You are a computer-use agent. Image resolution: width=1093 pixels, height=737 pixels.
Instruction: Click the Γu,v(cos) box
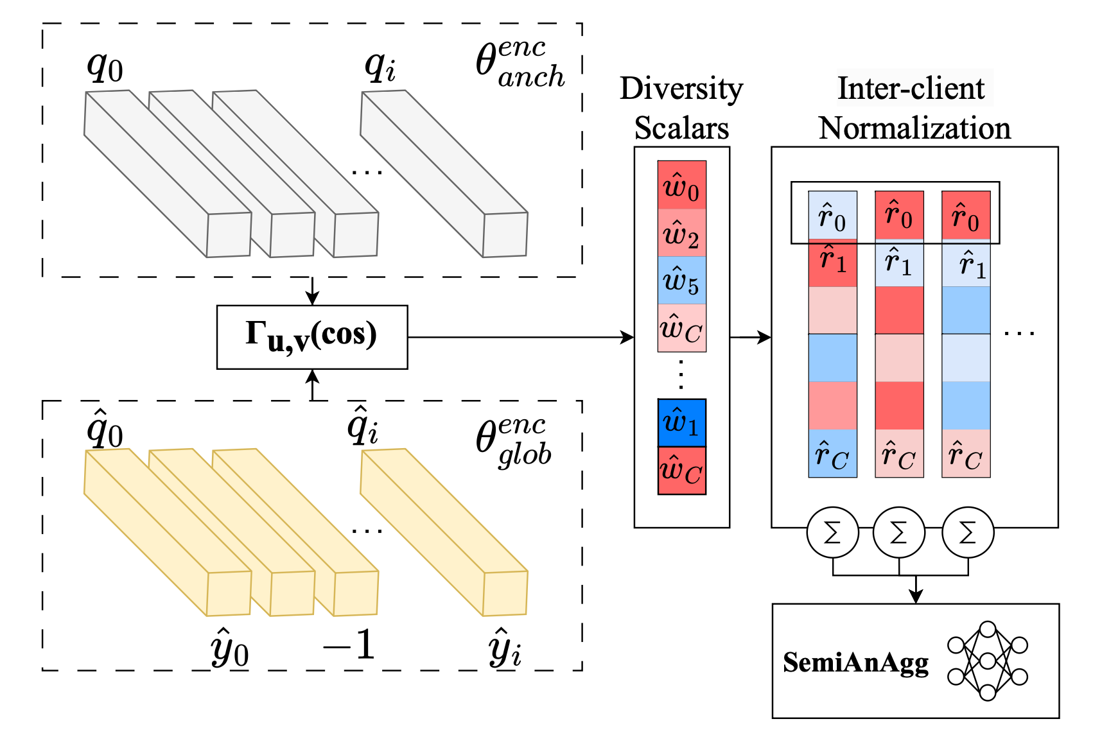tap(312, 337)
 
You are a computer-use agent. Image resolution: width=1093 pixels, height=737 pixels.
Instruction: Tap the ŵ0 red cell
tap(681, 186)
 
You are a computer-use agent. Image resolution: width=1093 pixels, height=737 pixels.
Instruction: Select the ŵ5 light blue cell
tap(681, 281)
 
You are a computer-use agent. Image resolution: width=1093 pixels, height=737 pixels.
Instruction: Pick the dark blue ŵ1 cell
tap(681, 423)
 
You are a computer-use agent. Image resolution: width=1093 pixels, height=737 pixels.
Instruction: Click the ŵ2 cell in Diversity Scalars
tap(681, 233)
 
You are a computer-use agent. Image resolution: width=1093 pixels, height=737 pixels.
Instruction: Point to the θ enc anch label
tap(520, 64)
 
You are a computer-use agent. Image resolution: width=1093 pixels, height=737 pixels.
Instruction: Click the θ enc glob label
tap(514, 442)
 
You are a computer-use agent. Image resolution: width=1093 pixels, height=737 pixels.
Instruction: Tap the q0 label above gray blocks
tap(105, 66)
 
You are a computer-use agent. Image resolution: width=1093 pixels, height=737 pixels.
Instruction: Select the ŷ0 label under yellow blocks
tap(229, 648)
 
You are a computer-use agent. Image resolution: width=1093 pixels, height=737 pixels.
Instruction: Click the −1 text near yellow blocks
tap(349, 645)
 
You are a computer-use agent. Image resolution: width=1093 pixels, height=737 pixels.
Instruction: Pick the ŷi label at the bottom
tap(505, 648)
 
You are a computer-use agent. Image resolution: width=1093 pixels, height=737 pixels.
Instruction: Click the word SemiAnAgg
tap(855, 663)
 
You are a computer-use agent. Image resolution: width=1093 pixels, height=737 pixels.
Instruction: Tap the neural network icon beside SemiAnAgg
tap(988, 661)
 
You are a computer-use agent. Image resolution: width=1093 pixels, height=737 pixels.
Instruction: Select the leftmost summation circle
tap(832, 532)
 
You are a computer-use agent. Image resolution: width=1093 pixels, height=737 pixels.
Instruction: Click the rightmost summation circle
tap(968, 532)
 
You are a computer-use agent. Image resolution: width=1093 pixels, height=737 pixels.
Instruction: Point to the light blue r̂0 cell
tap(832, 216)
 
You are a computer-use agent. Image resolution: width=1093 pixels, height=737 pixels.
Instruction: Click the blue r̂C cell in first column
tap(832, 454)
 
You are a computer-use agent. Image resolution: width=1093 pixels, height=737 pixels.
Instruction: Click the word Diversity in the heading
tap(681, 89)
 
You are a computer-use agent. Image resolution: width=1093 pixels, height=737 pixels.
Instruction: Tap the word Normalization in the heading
tap(914, 128)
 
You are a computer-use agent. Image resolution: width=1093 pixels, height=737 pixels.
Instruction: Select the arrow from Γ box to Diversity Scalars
tap(520, 337)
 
